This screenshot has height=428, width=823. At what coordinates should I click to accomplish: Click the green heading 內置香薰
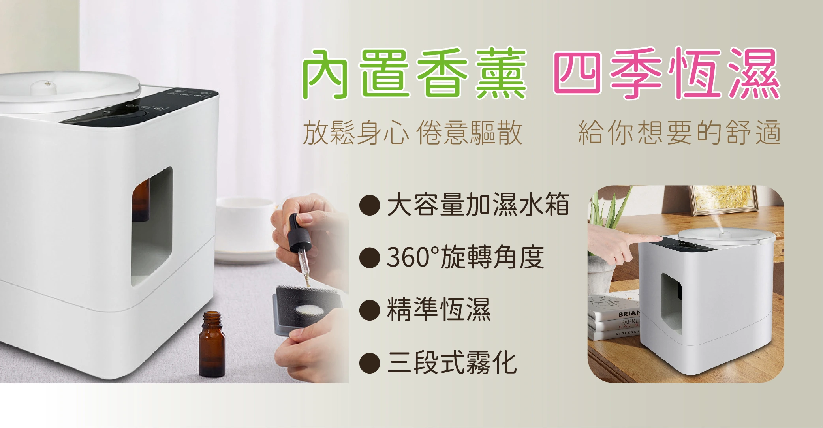[x=415, y=73]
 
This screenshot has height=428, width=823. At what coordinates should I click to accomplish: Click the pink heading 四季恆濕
[x=666, y=73]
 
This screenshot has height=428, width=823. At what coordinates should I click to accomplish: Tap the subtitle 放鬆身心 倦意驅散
[x=413, y=133]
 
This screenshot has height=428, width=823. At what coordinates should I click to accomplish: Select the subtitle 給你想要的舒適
[x=680, y=133]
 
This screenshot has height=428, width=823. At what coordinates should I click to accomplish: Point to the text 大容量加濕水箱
[x=478, y=205]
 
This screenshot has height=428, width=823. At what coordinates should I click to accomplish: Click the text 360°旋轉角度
[x=466, y=257]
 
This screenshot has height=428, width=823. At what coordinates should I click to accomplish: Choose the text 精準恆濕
[x=439, y=309]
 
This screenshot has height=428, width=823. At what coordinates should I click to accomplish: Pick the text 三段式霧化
[x=452, y=362]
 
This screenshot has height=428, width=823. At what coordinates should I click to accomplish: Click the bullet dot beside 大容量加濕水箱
[x=370, y=205]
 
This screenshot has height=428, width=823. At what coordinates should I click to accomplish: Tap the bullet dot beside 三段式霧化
[x=370, y=362]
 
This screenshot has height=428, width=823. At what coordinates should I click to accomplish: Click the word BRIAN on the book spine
[x=629, y=314]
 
